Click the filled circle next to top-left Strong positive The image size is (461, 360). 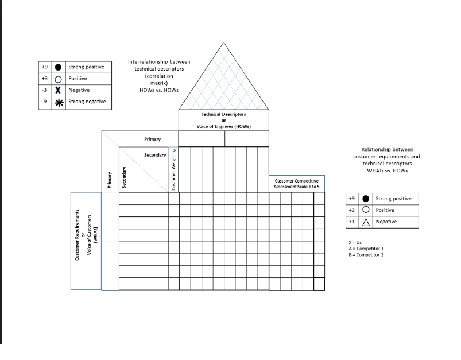tap(58, 67)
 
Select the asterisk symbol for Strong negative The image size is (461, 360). tap(58, 102)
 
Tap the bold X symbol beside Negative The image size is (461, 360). tap(58, 90)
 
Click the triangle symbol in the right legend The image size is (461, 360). tap(366, 222)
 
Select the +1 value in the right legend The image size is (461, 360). tap(351, 222)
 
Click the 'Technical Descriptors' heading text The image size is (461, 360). tap(223, 114)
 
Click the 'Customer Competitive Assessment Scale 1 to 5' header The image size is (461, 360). tap(297, 184)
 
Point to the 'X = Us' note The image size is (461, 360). tap(355, 242)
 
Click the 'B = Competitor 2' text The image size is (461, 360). tap(366, 255)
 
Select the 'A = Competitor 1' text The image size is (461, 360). tap(366, 249)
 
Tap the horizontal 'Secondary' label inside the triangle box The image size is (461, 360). tap(155, 155)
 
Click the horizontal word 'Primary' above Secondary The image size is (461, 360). tap(152, 139)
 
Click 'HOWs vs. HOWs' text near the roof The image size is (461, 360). tap(159, 90)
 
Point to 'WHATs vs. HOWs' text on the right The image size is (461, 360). tap(386, 170)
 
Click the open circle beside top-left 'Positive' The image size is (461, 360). tap(58, 79)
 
